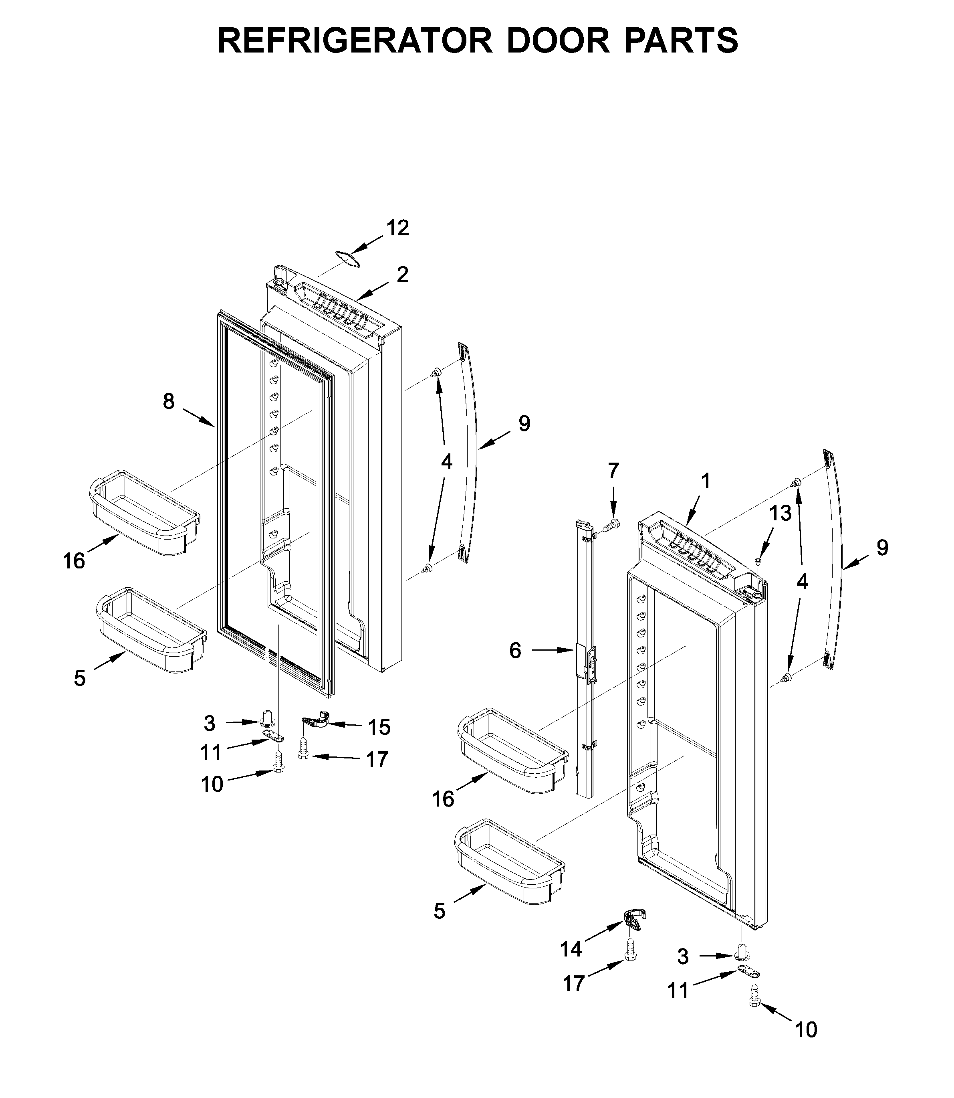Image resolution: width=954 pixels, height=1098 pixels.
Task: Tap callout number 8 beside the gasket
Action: [168, 402]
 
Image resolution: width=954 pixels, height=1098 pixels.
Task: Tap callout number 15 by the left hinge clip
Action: [379, 727]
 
